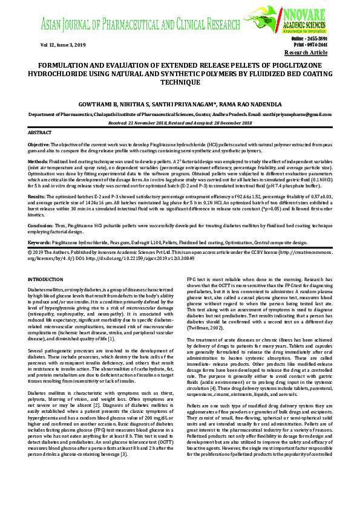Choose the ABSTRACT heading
click(x=40, y=132)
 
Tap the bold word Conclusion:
click(x=42, y=224)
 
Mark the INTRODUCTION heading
click(x=50, y=279)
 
